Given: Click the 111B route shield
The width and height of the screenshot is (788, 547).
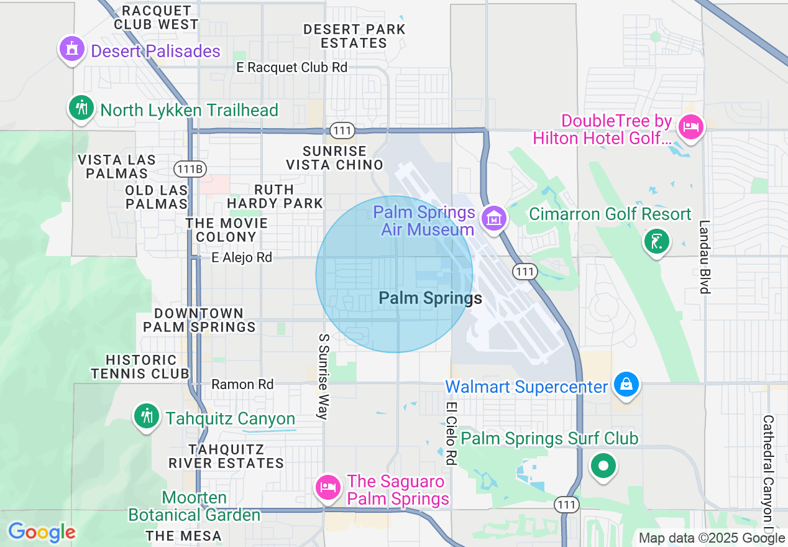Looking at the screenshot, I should click(190, 169).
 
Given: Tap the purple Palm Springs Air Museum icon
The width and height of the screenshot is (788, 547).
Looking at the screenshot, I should click(494, 218).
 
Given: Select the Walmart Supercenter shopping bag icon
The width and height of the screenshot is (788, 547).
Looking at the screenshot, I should click(626, 385).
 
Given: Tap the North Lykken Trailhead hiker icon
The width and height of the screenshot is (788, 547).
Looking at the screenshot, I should click(81, 108).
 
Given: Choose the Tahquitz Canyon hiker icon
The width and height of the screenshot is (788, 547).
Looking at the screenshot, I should click(147, 416).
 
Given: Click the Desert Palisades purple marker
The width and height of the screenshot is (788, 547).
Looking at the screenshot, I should click(72, 48).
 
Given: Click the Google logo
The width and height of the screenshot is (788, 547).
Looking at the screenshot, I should click(42, 532).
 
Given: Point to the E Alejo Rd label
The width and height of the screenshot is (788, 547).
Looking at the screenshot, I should click(242, 257).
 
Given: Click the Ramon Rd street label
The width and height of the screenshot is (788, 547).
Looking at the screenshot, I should click(242, 385).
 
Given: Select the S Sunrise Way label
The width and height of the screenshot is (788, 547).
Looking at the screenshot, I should click(323, 376).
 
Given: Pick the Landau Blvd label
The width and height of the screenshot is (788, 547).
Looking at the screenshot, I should click(704, 257).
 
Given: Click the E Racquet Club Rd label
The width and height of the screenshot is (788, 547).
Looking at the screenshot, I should click(292, 67).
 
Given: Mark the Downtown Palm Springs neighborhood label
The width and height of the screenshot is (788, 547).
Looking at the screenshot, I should click(199, 320).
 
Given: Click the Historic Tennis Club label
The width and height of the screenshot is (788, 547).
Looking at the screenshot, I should click(140, 367).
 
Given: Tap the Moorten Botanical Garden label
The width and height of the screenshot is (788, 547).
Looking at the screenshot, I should click(195, 507).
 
